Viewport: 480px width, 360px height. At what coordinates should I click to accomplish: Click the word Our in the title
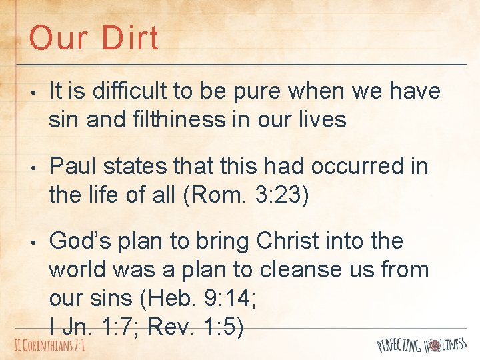pyautogui.click(x=57, y=38)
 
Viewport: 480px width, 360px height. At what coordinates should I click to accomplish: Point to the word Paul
pyautogui.click(x=71, y=166)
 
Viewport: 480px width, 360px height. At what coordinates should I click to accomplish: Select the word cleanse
pyautogui.click(x=307, y=269)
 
